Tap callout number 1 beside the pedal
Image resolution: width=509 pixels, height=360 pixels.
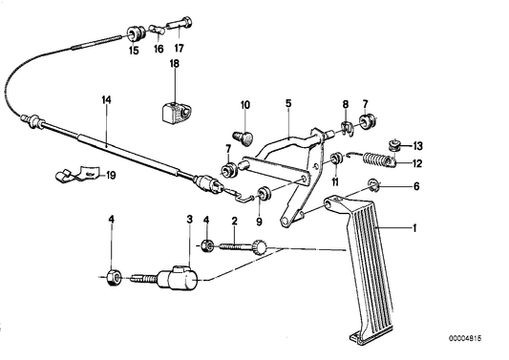pyautogui.click(x=414, y=229)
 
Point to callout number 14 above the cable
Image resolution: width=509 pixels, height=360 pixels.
pyautogui.click(x=106, y=99)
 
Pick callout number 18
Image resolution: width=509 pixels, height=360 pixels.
pyautogui.click(x=173, y=64)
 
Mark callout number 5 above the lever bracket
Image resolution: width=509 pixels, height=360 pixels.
pyautogui.click(x=287, y=102)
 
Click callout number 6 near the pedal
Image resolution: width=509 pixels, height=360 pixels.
pyautogui.click(x=414, y=187)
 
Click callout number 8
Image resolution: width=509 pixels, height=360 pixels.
pyautogui.click(x=346, y=103)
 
